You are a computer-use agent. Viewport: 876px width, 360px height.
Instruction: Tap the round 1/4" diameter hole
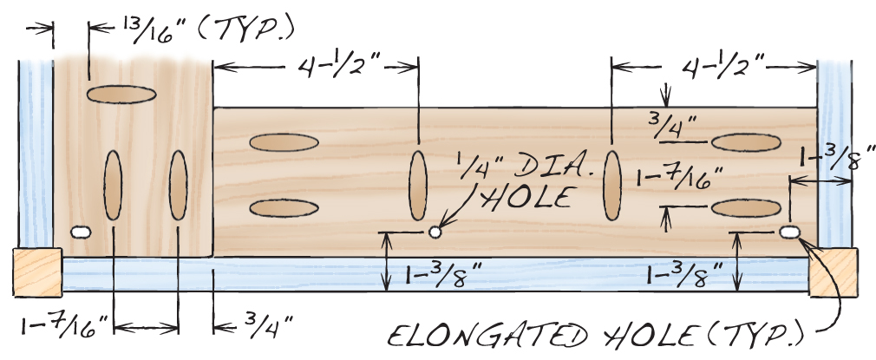435,232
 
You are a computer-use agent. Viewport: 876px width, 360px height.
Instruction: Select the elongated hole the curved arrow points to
789,232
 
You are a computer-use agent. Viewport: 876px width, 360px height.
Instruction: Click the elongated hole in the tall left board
82,232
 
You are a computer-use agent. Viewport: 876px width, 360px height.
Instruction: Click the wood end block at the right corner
834,272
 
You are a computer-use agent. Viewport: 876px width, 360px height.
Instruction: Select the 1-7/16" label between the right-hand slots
679,179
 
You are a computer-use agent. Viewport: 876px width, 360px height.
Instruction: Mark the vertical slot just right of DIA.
612,184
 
